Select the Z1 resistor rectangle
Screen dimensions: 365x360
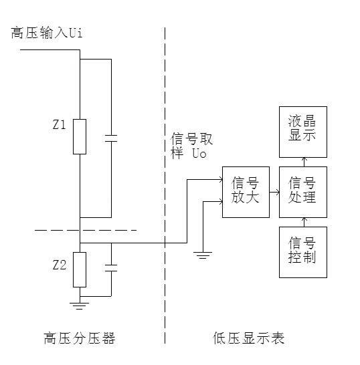tap(80, 136)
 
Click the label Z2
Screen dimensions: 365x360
tap(59, 265)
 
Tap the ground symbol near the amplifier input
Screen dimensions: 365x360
tap(203, 253)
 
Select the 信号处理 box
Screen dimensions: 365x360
tap(302, 192)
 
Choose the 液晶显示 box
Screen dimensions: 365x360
tap(302, 128)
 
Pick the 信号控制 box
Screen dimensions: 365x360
tap(302, 251)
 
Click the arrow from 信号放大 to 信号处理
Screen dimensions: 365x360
tap(273, 192)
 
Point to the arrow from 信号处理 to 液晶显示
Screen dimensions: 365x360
tap(302, 161)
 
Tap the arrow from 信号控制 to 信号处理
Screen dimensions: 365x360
tap(302, 222)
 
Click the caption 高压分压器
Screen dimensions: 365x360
tap(79, 338)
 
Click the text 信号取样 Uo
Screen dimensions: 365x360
tap(189, 146)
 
